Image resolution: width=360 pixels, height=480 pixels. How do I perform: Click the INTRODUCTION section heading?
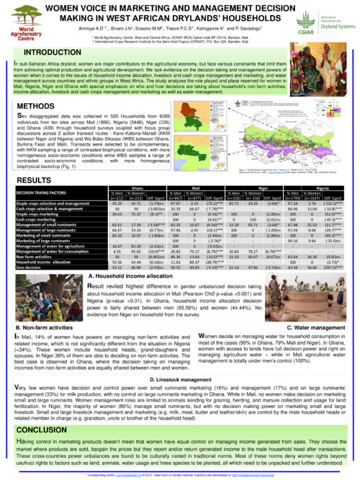[x=53, y=53]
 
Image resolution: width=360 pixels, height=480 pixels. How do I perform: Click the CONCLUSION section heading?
[x=45, y=427]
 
